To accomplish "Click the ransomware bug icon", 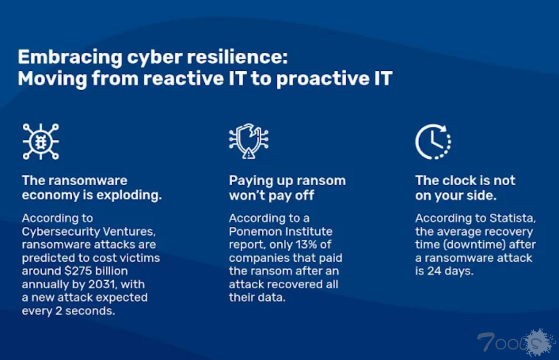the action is [41, 141].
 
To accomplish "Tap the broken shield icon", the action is [249, 141].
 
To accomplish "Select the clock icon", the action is [433, 141].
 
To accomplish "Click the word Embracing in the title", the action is [70, 58].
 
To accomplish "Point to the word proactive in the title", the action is [323, 79].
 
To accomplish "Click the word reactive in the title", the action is [184, 79].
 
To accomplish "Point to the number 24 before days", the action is [434, 271].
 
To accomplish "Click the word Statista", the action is [513, 218].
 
